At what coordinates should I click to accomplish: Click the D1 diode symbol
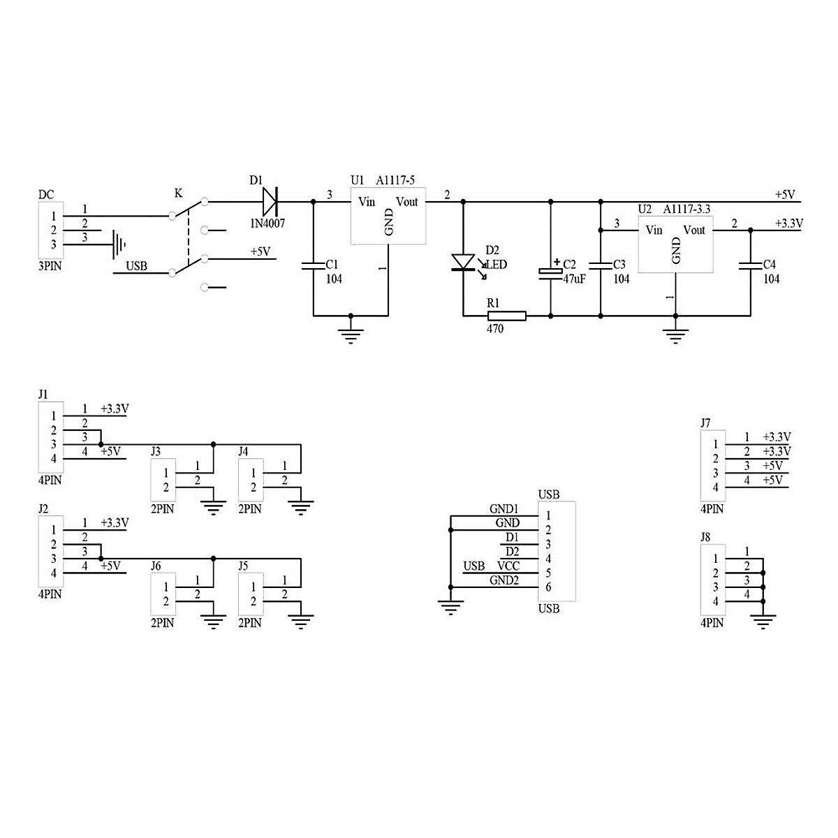pyautogui.click(x=270, y=202)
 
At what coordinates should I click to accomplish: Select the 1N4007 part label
pyautogui.click(x=268, y=223)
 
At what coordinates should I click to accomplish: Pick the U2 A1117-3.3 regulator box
pyautogui.click(x=675, y=245)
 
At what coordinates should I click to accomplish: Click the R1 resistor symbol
pyautogui.click(x=506, y=316)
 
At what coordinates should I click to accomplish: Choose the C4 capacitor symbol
pyautogui.click(x=751, y=265)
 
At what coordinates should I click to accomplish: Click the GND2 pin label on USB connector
pyautogui.click(x=503, y=580)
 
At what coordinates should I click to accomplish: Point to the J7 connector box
pyautogui.click(x=713, y=466)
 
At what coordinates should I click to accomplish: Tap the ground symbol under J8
pyautogui.click(x=763, y=620)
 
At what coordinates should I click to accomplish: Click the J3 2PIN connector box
pyautogui.click(x=163, y=480)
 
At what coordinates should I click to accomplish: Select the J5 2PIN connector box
pyautogui.click(x=251, y=594)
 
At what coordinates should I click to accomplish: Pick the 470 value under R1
pyautogui.click(x=495, y=329)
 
